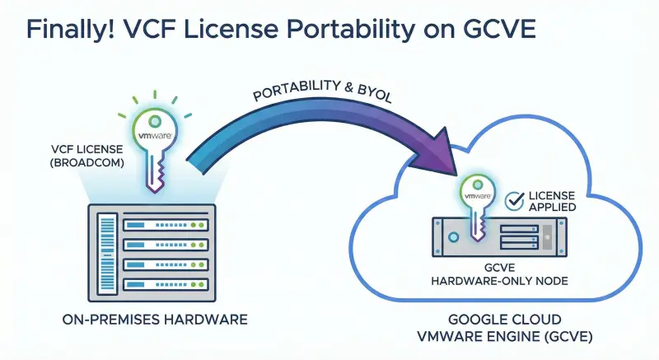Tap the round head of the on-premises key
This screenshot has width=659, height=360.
pyautogui.click(x=155, y=132)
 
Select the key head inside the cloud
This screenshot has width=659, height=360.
pyautogui.click(x=478, y=195)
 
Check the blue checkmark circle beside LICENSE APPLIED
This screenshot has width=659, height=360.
pyautogui.click(x=514, y=199)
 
